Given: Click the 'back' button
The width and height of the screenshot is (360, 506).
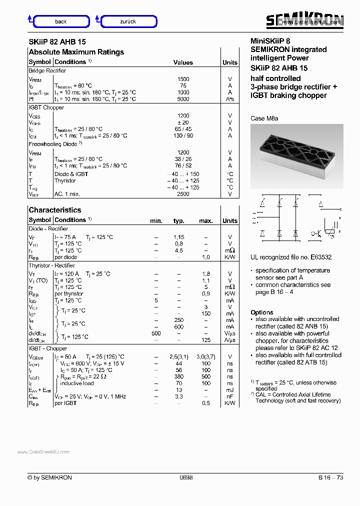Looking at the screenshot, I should [60, 21].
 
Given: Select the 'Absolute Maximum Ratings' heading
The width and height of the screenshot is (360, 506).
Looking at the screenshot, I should [76, 52].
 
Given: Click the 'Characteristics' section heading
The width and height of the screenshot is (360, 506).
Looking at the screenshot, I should [54, 210].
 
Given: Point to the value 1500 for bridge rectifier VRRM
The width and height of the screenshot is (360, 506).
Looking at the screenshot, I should [183, 79].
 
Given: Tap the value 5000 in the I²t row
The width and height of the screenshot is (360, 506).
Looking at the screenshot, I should [183, 99].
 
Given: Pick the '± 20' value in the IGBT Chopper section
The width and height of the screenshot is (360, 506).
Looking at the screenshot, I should [183, 122].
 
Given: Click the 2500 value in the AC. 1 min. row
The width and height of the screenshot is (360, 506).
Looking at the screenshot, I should [183, 194].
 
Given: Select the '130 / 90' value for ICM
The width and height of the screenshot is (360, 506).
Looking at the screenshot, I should [183, 135].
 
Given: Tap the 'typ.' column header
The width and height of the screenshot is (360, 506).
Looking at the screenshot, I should [178, 220].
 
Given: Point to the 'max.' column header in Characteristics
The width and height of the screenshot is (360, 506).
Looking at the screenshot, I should [205, 220].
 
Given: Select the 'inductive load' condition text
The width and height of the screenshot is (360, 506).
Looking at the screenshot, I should [77, 383].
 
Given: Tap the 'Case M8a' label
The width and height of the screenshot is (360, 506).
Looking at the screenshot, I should [264, 118].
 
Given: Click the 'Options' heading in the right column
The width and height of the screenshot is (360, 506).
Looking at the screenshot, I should [261, 312].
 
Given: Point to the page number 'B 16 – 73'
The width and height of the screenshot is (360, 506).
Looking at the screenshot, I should [330, 477].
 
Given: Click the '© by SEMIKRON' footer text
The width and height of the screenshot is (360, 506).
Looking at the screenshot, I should [50, 477].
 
